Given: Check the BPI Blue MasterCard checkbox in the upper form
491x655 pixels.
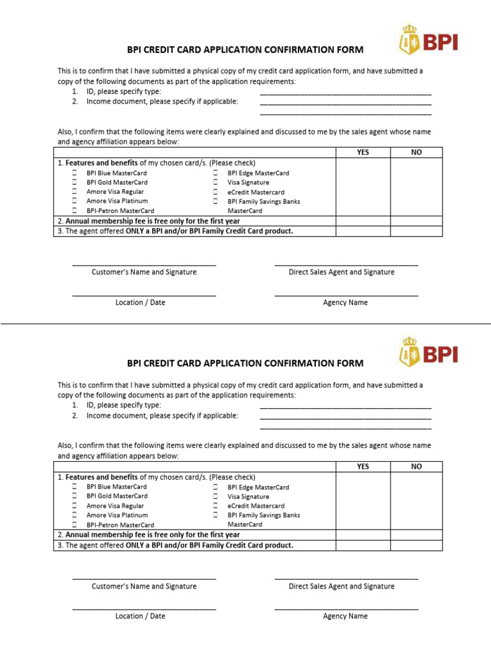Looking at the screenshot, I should click(x=74, y=173).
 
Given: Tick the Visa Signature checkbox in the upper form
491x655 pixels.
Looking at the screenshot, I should click(x=215, y=182).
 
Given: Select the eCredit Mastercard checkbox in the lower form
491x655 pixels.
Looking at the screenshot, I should click(x=215, y=506).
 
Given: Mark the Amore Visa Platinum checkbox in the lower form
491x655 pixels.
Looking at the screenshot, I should click(x=74, y=515).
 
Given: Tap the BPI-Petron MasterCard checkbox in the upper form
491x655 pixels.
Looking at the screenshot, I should click(x=74, y=210).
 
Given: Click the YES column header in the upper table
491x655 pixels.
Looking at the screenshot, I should click(x=362, y=152).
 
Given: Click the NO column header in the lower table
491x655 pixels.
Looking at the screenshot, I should click(x=416, y=466).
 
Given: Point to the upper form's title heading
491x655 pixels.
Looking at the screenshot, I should click(x=245, y=49).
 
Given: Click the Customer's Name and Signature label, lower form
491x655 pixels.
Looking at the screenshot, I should click(x=144, y=586).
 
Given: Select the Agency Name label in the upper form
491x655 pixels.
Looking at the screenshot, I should click(x=345, y=303).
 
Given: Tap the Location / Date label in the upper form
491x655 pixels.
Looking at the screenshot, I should click(x=140, y=303).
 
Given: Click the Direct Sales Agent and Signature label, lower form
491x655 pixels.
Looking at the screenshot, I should click(x=341, y=586).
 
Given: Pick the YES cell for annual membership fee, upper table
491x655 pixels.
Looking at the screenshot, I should click(x=362, y=221).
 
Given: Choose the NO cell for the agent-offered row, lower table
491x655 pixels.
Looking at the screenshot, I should click(x=416, y=546).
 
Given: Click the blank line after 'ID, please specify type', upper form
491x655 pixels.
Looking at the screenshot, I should click(x=345, y=93).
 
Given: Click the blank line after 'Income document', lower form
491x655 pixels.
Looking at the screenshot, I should click(x=345, y=417).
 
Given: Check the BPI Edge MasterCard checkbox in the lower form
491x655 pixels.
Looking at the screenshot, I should click(x=215, y=487).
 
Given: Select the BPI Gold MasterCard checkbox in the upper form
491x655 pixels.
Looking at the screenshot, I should click(x=74, y=182).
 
